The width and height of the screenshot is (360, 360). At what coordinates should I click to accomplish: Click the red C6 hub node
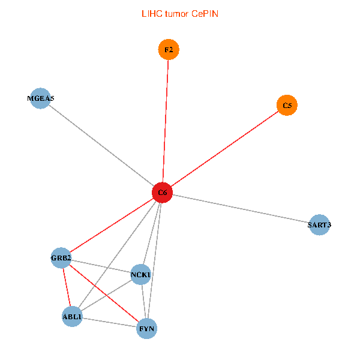[x=163, y=193]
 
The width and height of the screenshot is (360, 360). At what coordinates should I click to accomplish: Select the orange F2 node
[x=169, y=50]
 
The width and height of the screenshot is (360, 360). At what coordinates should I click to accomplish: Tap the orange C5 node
[x=287, y=106]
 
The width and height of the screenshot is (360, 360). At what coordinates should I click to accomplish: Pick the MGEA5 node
[x=40, y=98]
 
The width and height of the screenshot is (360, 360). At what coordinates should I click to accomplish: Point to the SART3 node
[x=319, y=225]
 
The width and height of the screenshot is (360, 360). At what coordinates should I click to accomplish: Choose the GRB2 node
[x=61, y=258]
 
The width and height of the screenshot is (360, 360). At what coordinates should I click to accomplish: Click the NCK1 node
[x=141, y=275]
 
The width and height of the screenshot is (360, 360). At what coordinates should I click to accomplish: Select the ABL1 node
[x=72, y=317]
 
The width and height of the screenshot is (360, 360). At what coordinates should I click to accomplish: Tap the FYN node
[x=147, y=329]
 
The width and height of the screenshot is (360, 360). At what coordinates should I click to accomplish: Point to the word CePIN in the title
[x=205, y=14]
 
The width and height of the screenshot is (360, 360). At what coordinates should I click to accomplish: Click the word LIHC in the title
[x=152, y=14]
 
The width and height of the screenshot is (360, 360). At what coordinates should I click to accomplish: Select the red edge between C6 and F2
[x=166, y=121]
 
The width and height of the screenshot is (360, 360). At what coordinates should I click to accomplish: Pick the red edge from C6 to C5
[x=225, y=149]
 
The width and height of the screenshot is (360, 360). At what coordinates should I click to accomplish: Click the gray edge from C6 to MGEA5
[x=101, y=146]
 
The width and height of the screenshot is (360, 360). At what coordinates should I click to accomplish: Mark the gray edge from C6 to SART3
[x=241, y=209]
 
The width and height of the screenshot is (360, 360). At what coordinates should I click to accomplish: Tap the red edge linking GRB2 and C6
[x=112, y=226]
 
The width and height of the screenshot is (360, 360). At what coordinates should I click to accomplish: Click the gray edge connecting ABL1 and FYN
[x=110, y=322]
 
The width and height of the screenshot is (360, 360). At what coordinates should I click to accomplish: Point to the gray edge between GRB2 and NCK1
[x=101, y=266]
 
